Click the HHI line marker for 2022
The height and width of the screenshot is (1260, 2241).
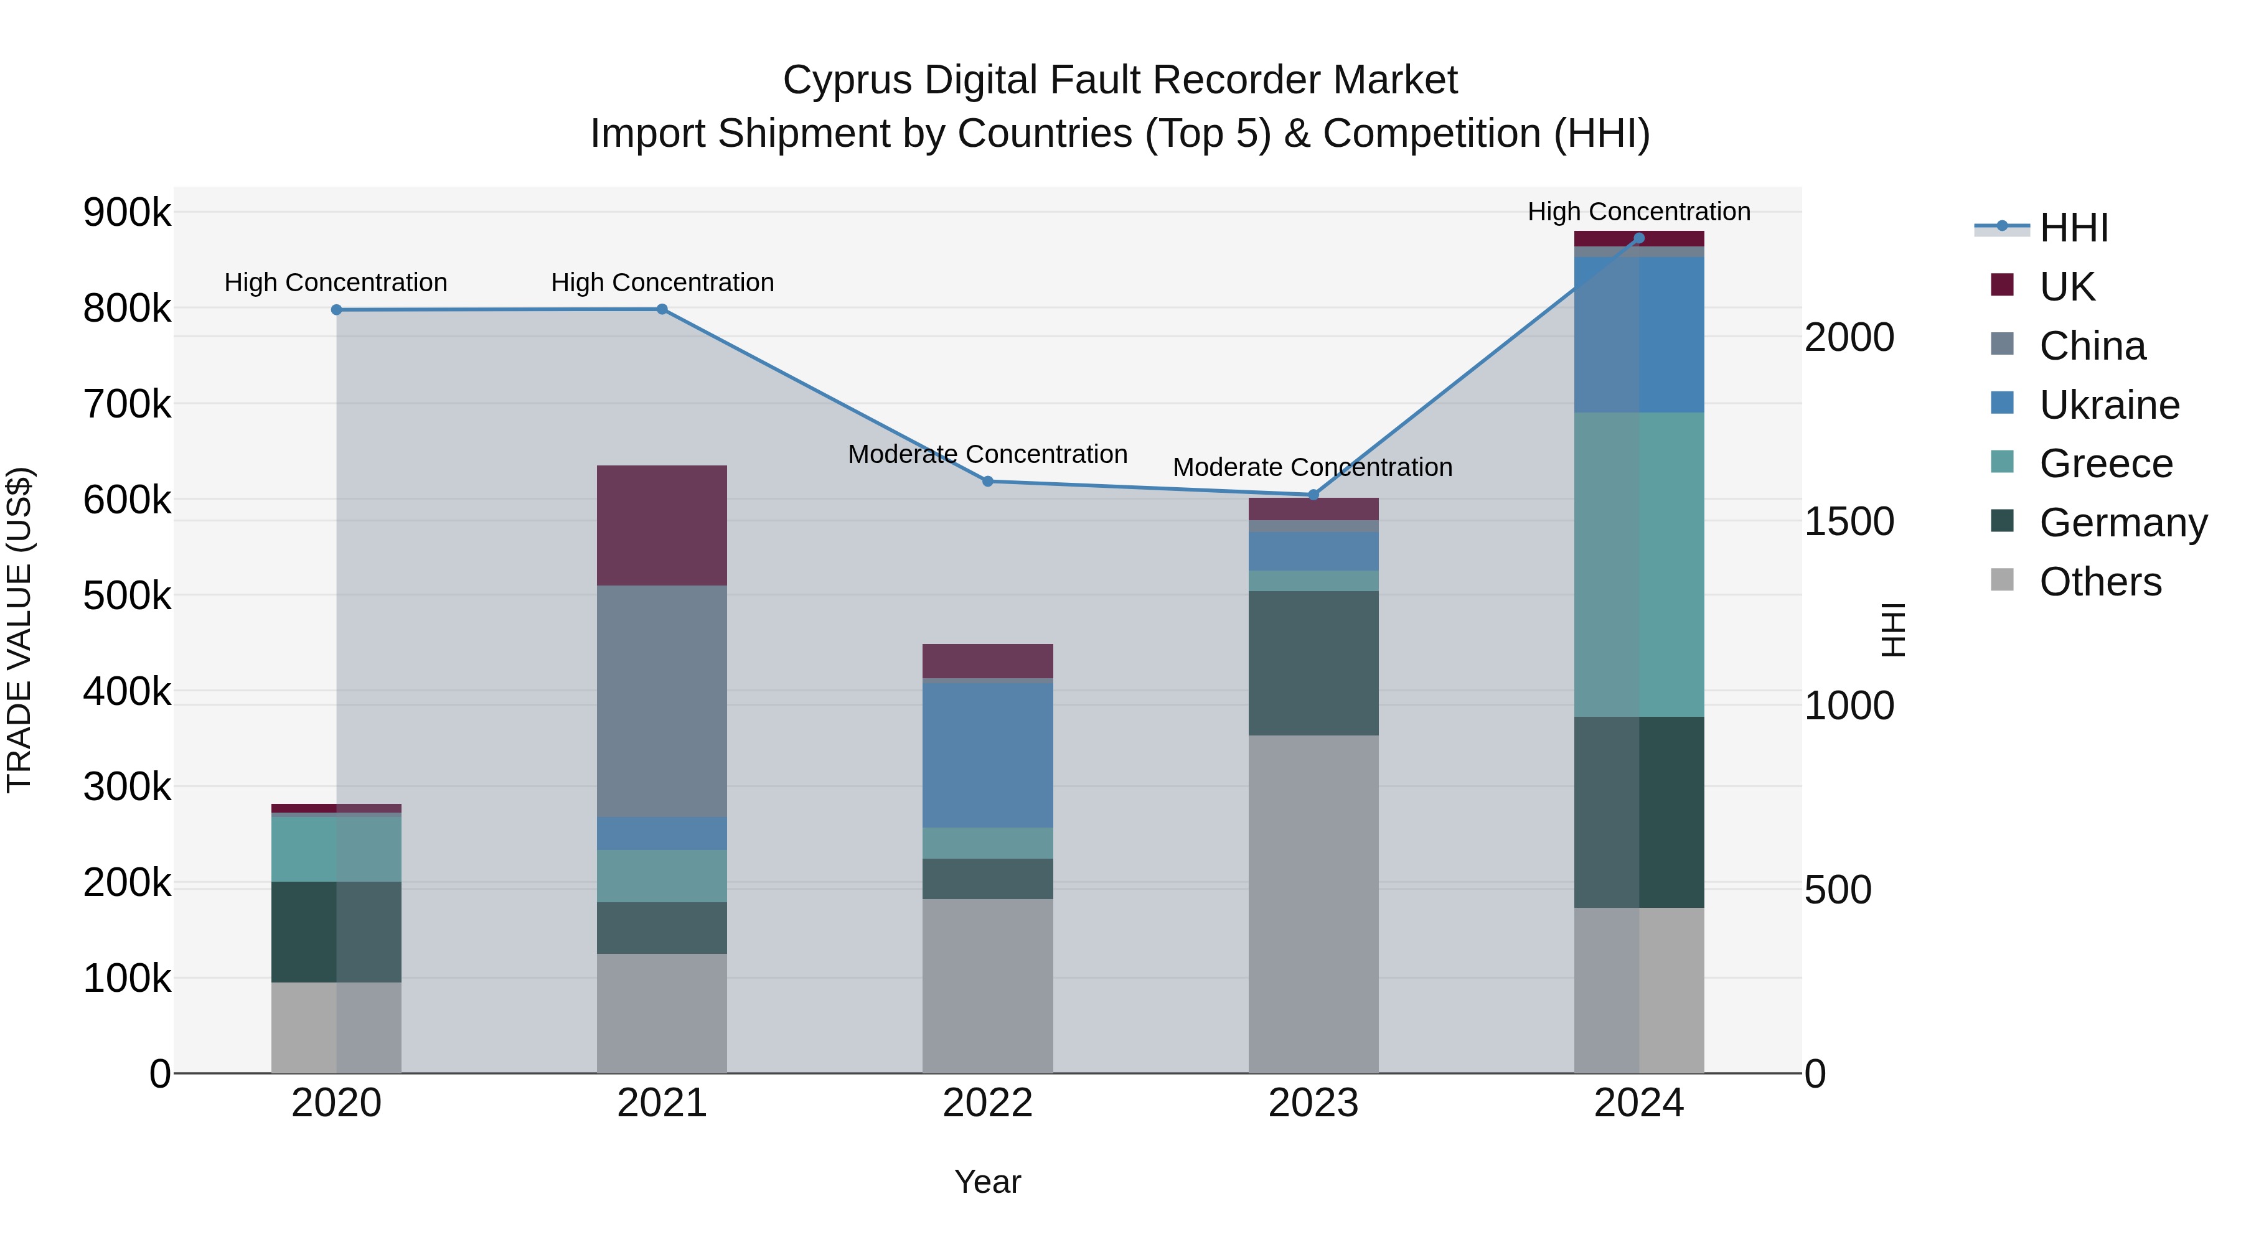tap(987, 481)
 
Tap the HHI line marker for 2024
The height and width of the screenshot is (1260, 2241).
tap(1639, 238)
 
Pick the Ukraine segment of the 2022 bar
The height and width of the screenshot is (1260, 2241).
tap(987, 755)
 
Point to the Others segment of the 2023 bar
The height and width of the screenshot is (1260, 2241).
tap(1313, 904)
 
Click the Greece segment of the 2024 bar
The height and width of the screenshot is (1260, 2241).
tap(1639, 564)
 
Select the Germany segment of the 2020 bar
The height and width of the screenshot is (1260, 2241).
tap(336, 931)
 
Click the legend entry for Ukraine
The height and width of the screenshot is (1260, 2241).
tap(2109, 405)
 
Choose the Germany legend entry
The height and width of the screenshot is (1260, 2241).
tap(2123, 523)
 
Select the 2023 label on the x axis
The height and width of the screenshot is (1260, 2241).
tap(1313, 1103)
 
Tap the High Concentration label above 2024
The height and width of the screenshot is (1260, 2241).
tap(1639, 212)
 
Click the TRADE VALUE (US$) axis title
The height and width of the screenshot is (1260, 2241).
tap(19, 630)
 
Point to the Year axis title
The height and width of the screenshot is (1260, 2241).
tap(987, 1182)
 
